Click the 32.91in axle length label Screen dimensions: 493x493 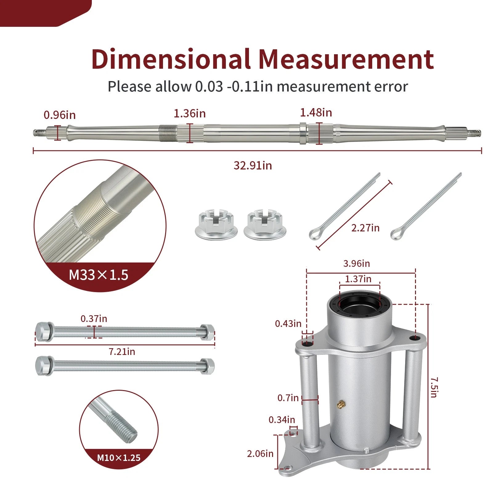(253, 165)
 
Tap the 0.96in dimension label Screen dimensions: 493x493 (59, 115)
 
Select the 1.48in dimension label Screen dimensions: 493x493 (316, 112)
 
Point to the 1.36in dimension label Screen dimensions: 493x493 (189, 113)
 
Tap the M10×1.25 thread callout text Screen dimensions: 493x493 (119, 458)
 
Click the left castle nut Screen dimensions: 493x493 (216, 224)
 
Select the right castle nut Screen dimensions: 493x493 (265, 224)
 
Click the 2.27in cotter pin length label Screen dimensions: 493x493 (365, 228)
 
